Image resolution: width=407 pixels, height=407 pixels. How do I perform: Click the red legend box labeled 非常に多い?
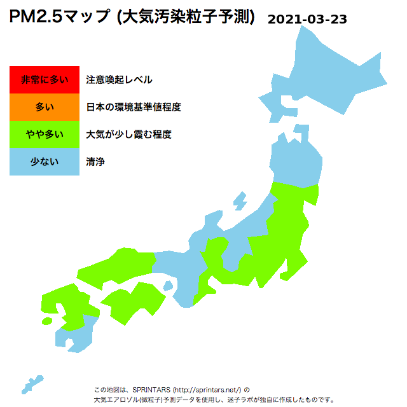pos(45,79)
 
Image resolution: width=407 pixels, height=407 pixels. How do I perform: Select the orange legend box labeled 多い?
pos(45,107)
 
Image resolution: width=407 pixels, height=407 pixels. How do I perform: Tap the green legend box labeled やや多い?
pos(45,134)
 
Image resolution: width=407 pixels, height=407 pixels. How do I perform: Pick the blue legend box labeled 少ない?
pos(45,162)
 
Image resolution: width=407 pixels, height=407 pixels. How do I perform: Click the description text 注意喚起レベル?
pos(119,79)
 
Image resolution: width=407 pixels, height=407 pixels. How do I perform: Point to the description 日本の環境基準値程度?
pos(134,107)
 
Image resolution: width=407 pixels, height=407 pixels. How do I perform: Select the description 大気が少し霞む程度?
pos(128,134)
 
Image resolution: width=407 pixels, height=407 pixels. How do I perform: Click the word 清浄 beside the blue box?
pos(95,162)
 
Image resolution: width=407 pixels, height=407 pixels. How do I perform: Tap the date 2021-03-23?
pos(307,19)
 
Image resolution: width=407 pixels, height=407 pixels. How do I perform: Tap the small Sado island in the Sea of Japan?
pos(240,201)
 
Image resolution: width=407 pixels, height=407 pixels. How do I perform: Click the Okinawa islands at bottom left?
pos(31,385)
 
